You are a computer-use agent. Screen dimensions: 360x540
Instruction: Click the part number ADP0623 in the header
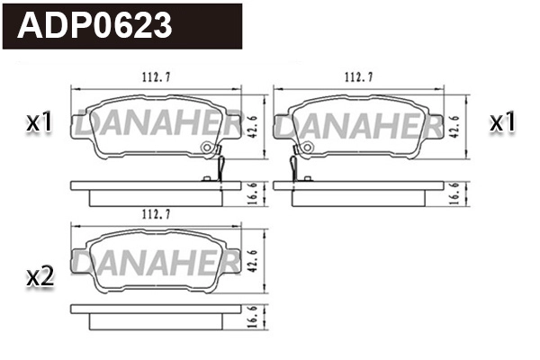click(x=95, y=25)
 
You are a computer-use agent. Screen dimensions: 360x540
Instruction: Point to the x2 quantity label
click(x=39, y=278)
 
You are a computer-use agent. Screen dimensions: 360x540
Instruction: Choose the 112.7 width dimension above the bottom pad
click(x=157, y=216)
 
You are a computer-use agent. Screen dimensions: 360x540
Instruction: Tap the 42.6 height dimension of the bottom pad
click(x=254, y=261)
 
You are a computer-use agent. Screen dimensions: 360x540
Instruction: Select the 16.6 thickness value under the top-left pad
click(x=254, y=192)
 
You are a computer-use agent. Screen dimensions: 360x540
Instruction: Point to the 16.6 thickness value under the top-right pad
click(x=457, y=192)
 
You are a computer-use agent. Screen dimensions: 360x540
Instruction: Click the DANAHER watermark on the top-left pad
click(x=157, y=128)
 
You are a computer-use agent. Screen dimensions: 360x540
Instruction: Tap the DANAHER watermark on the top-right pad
click(x=359, y=128)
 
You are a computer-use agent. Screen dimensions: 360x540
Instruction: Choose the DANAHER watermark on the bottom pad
click(x=157, y=263)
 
